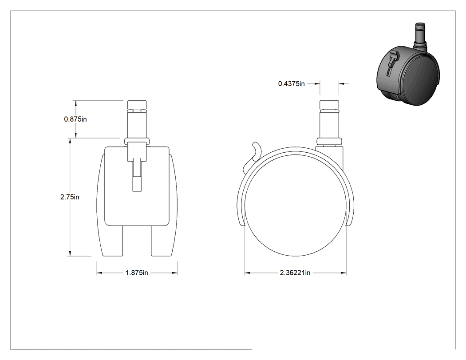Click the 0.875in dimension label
75,119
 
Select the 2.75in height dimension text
70,197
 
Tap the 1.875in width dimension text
137,273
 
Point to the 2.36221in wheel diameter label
295,273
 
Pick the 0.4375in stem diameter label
292,84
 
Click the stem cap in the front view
137,105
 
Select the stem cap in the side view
329,105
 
